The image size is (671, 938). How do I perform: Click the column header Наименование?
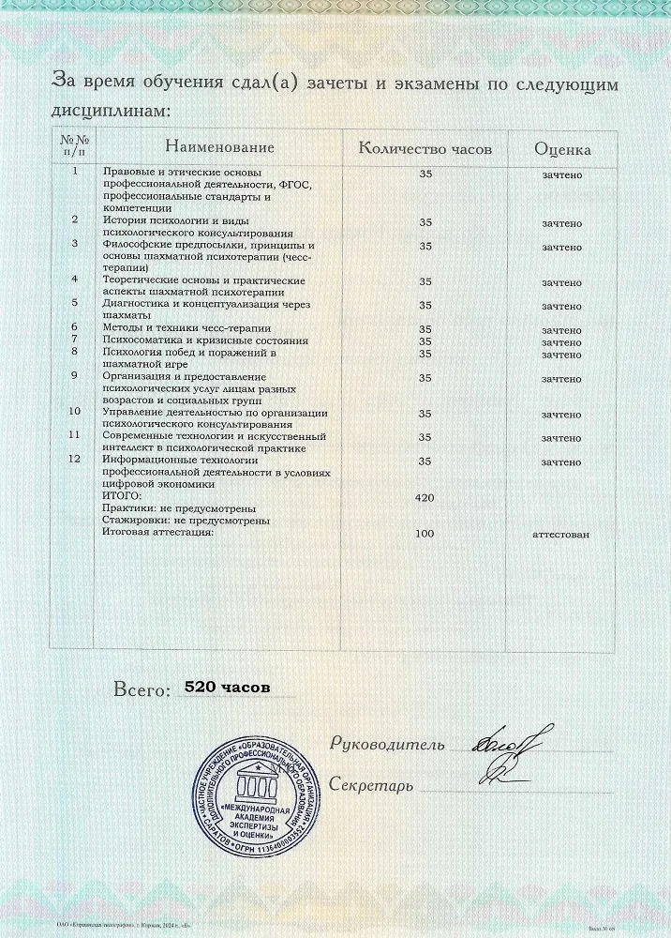coord(220,147)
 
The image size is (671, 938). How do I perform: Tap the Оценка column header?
coord(562,148)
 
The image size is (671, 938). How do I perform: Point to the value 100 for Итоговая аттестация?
coord(425,533)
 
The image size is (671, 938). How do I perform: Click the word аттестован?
coord(561,533)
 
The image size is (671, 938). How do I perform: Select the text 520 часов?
coord(228,688)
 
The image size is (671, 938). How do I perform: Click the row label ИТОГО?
coord(121,496)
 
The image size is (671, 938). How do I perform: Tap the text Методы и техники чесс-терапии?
coord(186,327)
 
